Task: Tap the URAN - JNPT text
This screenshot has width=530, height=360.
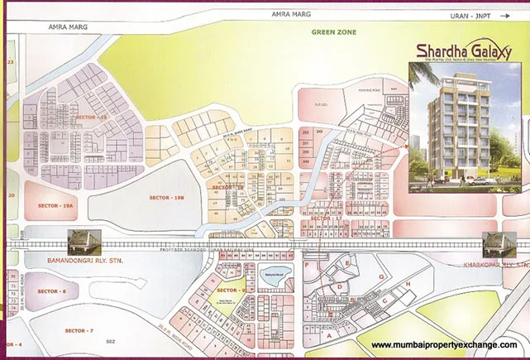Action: (x=463, y=14)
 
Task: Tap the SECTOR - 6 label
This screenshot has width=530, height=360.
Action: (x=51, y=291)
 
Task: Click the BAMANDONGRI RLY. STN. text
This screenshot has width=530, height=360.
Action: (x=64, y=261)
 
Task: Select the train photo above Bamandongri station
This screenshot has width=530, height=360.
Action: (x=84, y=239)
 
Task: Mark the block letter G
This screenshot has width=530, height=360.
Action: (x=381, y=275)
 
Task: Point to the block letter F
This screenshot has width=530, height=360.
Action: (x=307, y=267)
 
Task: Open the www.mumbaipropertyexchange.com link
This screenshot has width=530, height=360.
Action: (x=445, y=344)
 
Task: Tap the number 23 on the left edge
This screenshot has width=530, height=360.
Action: (x=11, y=62)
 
